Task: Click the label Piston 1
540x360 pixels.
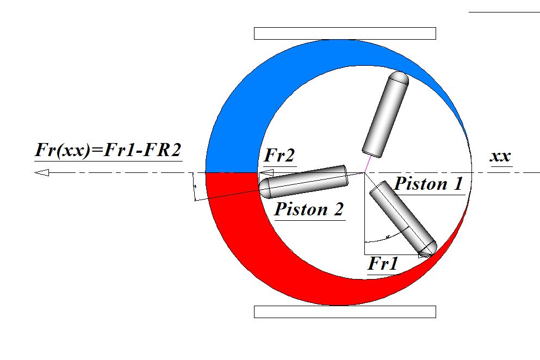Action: [x=429, y=184]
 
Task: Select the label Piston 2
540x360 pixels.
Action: [x=309, y=209]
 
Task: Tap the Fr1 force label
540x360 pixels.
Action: [x=383, y=265]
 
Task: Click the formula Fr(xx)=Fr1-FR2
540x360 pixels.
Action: [x=107, y=150]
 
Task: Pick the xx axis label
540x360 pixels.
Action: [x=500, y=157]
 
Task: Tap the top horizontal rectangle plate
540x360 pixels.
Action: [x=345, y=33]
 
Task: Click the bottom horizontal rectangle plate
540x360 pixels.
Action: [x=345, y=312]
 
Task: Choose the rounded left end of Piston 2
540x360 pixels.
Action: [x=265, y=188]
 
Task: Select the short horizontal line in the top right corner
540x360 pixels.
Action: [x=504, y=11]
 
